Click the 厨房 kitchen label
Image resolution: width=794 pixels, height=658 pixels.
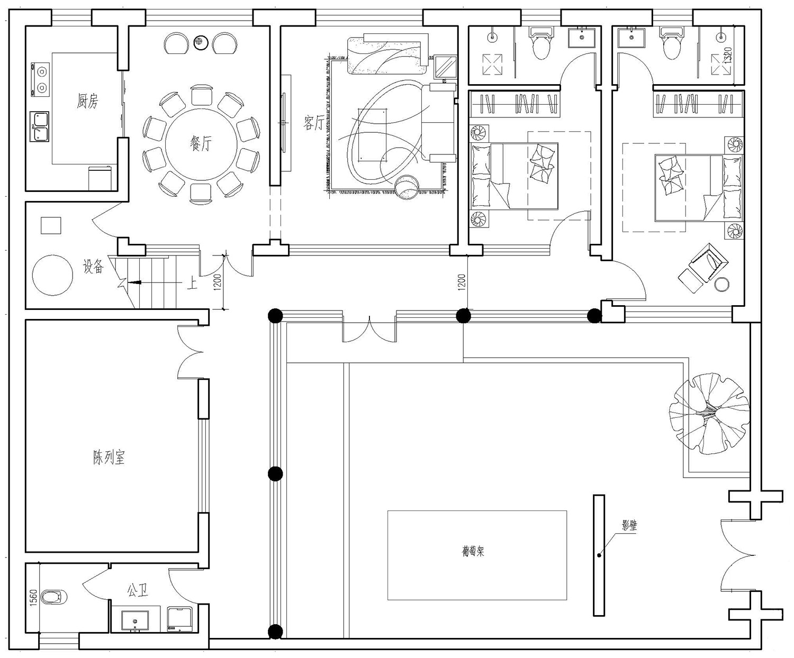pos(87,101)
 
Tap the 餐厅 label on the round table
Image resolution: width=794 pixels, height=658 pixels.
pos(201,143)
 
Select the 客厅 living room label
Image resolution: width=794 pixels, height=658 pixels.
pos(314,123)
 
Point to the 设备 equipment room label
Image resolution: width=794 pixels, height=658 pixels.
pos(94,267)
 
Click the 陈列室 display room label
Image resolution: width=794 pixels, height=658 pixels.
pos(109,457)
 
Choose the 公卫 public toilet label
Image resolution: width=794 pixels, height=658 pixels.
pos(137,591)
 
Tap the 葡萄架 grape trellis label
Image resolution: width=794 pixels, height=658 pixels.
pos(473,551)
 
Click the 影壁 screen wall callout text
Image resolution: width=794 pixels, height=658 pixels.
pos(629,525)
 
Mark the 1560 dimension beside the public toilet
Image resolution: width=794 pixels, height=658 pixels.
pos(33,598)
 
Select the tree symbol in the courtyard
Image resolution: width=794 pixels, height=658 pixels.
pos(709,414)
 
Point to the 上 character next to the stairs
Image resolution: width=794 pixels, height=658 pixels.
pos(192,283)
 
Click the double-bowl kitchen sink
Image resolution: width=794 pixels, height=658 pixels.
pos(40,126)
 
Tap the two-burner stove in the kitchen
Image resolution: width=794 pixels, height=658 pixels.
pos(40,78)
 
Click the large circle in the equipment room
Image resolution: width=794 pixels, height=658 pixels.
pos(52,275)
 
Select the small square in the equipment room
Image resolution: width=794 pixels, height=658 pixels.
pos(51,226)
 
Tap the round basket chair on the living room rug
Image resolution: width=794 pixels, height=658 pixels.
pos(407,187)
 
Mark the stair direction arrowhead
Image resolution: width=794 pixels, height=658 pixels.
pos(136,282)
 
